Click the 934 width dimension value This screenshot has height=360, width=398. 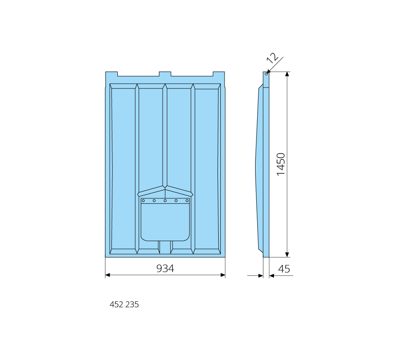point(165,268)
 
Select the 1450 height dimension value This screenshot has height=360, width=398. point(281,165)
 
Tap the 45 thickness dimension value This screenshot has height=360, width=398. point(284,269)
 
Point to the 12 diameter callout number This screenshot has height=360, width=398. point(272,58)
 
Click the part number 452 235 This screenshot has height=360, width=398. point(124,304)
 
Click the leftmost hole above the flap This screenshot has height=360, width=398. point(143,201)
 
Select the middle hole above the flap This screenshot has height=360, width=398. point(165,201)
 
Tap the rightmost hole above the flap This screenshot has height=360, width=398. point(187,201)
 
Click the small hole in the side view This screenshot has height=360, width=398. point(266,74)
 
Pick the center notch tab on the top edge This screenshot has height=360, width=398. point(165,74)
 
